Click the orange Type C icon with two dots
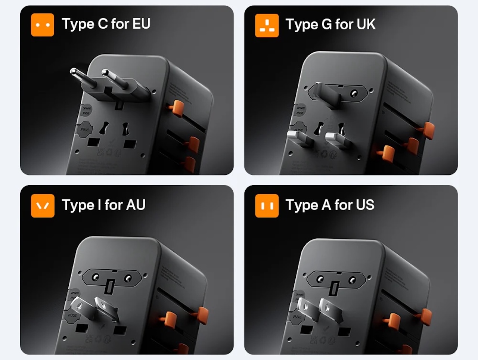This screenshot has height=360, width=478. tap(43, 25)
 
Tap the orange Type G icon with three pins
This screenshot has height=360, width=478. tap(267, 25)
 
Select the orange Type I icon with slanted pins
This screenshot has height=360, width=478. tap(43, 205)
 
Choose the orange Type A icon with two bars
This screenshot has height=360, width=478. tap(267, 205)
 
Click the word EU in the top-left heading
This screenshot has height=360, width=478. tap(141, 24)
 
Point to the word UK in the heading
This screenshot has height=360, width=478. tap(366, 24)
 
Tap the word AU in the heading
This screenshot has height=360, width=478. tap(135, 205)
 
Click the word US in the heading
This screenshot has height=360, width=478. tap(364, 205)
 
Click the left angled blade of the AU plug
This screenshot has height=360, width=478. tap(80, 306)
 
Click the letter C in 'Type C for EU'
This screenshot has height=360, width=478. tap(103, 24)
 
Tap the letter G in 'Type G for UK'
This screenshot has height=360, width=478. tap(326, 24)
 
